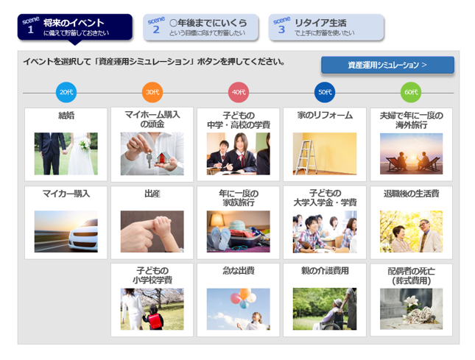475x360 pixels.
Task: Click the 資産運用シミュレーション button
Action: point(387,65)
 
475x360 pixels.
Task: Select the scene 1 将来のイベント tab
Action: point(75,27)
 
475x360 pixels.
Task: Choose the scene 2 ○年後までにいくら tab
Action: point(200,27)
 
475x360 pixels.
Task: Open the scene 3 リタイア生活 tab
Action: point(326,27)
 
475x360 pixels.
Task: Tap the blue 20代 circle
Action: point(66,92)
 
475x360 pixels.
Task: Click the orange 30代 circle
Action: point(152,92)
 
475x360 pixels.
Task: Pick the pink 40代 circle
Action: point(239,92)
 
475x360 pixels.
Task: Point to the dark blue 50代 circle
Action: point(325,92)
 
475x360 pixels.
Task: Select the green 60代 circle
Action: point(411,92)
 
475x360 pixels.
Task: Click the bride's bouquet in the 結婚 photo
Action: point(85,144)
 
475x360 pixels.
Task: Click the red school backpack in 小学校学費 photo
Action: point(155,321)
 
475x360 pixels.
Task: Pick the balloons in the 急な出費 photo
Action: point(243,298)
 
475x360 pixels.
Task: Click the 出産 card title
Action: point(152,194)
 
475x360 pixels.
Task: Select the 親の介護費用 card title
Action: point(325,270)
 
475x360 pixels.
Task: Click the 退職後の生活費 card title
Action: point(411,194)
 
